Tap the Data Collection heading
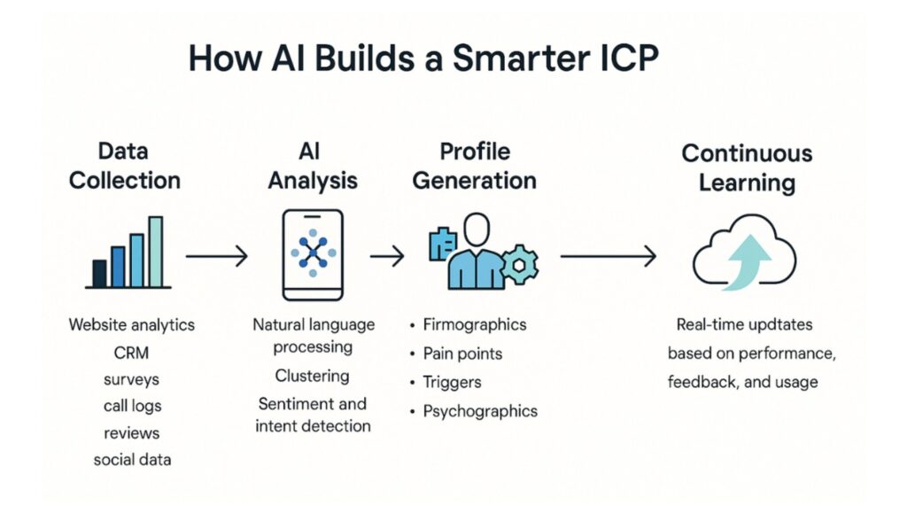pyautogui.click(x=124, y=166)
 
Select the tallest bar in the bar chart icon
pyautogui.click(x=156, y=252)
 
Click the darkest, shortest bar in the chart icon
pyautogui.click(x=99, y=274)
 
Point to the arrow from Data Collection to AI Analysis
pyautogui.click(x=217, y=256)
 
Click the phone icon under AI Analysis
pyautogui.click(x=313, y=255)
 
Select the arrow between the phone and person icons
pyautogui.click(x=387, y=256)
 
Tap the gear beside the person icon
pyautogui.click(x=519, y=265)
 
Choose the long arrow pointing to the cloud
pyautogui.click(x=609, y=256)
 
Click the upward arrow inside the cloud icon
pyautogui.click(x=748, y=261)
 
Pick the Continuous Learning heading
pyautogui.click(x=747, y=167)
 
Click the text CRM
pyautogui.click(x=131, y=353)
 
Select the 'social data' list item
pyautogui.click(x=133, y=460)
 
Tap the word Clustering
pyautogui.click(x=313, y=376)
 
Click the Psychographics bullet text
pyautogui.click(x=480, y=411)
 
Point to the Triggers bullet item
pyautogui.click(x=452, y=382)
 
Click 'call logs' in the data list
pyautogui.click(x=133, y=406)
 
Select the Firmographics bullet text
pyautogui.click(x=475, y=324)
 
